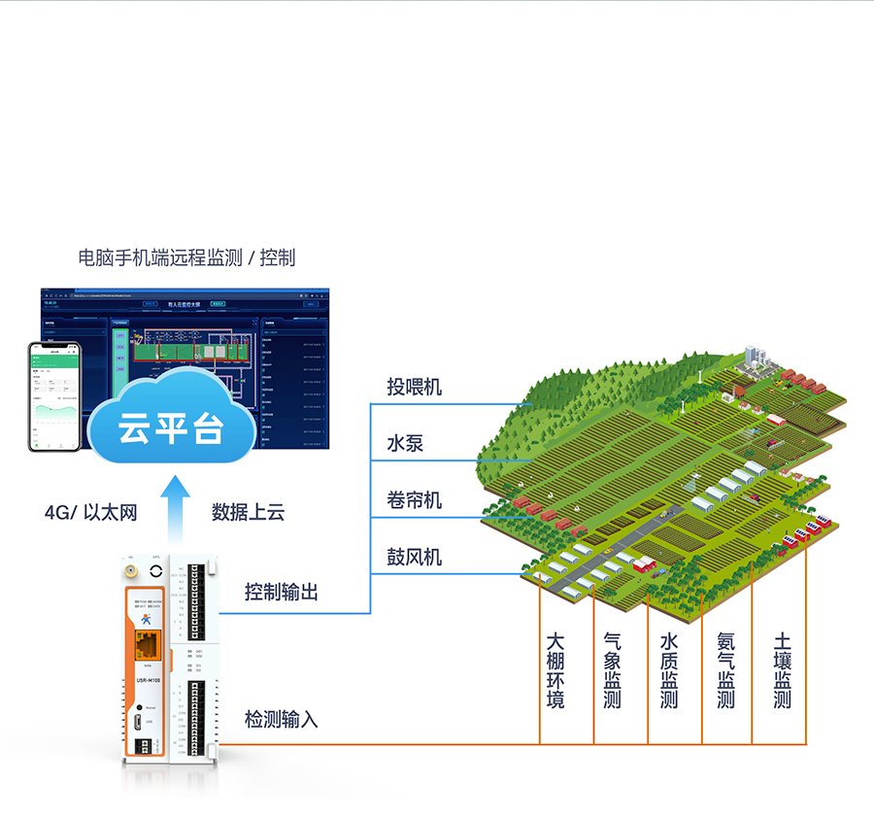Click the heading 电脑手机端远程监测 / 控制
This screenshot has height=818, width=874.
click(x=186, y=257)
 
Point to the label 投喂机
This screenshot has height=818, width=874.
click(x=414, y=388)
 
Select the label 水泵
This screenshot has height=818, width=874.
click(x=405, y=444)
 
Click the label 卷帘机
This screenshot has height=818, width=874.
click(x=414, y=500)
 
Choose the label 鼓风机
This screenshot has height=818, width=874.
click(x=414, y=557)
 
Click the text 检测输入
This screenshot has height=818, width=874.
click(x=282, y=720)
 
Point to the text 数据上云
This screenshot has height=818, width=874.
click(x=249, y=512)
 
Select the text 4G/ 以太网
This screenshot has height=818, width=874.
click(x=90, y=512)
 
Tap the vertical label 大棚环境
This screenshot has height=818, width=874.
click(x=555, y=670)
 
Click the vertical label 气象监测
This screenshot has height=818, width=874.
click(x=612, y=670)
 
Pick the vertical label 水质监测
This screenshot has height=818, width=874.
click(x=669, y=670)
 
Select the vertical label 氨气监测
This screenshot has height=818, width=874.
click(x=726, y=670)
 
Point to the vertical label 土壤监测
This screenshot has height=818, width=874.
click(x=783, y=670)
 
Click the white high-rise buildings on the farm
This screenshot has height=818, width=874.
click(x=756, y=358)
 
